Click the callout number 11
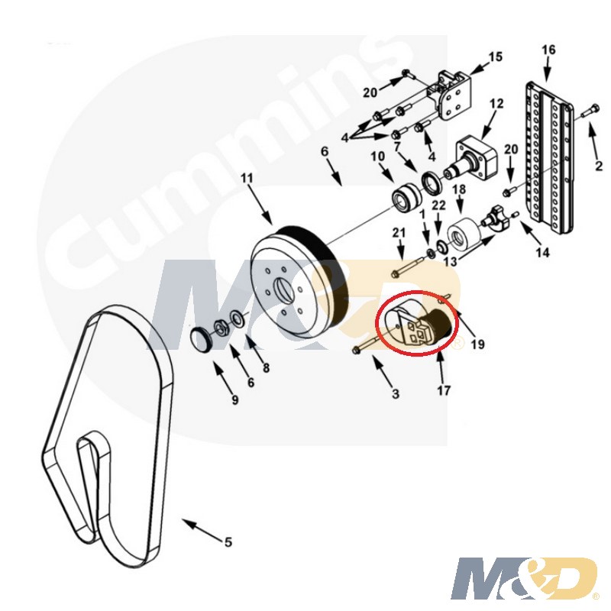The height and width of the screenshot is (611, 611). tap(247, 179)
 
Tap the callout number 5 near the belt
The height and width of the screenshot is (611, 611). tap(228, 542)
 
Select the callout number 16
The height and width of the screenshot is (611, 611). tap(548, 50)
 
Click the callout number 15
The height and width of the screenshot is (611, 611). tap(495, 57)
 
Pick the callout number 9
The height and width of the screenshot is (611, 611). tap(234, 399)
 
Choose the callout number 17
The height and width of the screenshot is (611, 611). tap(444, 390)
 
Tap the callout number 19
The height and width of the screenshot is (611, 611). tap(477, 344)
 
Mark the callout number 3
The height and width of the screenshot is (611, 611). tap(396, 394)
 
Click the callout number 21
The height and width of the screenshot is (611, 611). tap(399, 233)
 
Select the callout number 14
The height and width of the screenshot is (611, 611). tap(542, 253)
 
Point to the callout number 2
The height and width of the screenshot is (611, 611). tap(599, 166)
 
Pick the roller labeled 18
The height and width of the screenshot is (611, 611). tap(462, 236)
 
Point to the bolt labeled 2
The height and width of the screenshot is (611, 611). tap(588, 110)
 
